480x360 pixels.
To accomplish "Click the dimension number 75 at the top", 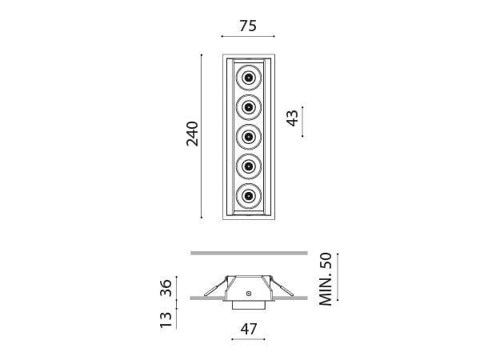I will point(248,26).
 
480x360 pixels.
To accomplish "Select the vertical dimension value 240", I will point(192,134).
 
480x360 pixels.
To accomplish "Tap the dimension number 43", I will point(293,118).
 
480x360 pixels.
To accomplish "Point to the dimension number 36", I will point(166,289).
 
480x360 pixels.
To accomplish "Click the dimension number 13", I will point(166,320).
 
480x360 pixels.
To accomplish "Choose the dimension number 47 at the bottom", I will point(249,328).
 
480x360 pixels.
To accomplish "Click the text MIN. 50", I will point(325,278).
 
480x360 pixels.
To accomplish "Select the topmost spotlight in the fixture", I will point(249,78).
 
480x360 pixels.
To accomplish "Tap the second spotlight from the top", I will point(249,107).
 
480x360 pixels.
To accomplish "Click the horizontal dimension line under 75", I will point(248,37).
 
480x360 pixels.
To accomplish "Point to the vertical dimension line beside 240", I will point(202,134).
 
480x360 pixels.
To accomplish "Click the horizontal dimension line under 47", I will point(249,340).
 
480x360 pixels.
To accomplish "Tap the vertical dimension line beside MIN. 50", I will point(338,277).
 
